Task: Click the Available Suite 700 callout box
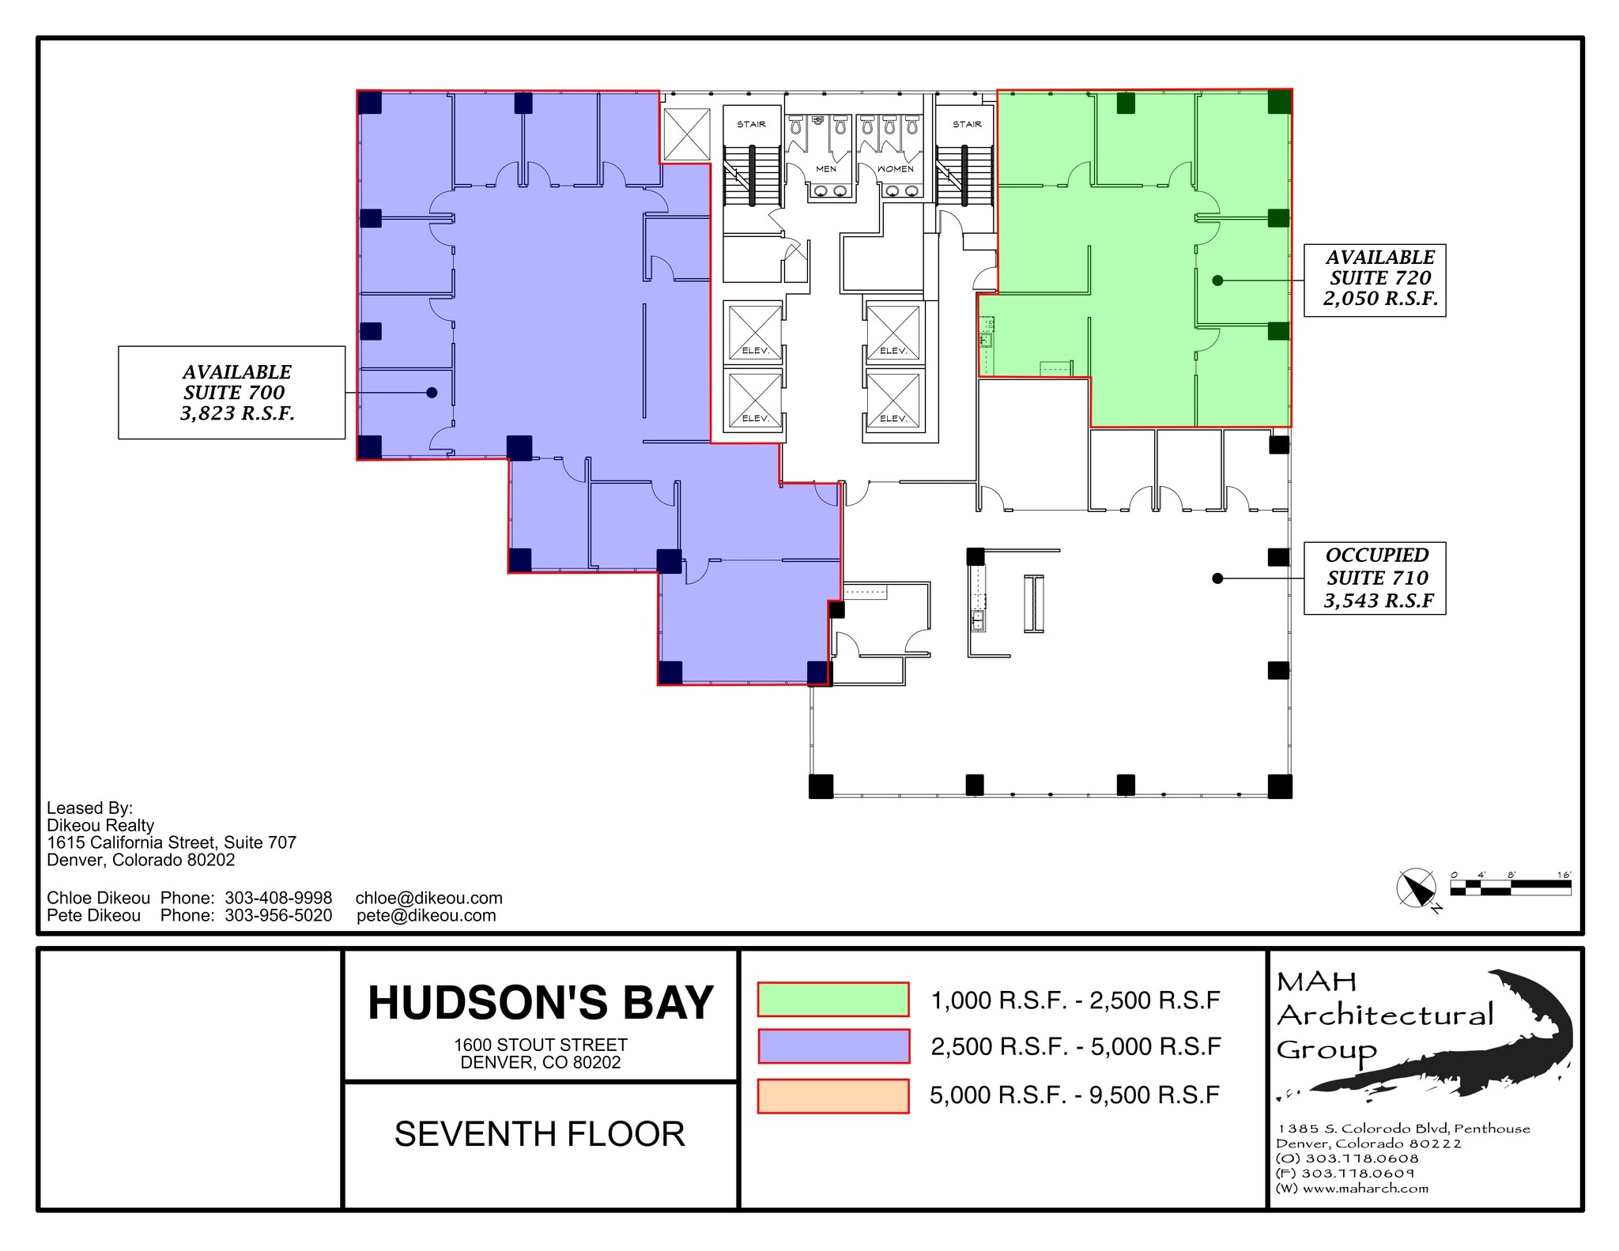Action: click(232, 393)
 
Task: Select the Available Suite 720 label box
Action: click(1374, 280)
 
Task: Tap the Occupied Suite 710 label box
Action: click(1374, 578)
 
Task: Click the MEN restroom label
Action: click(826, 169)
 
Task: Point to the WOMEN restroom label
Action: click(895, 169)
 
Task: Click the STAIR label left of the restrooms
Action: click(751, 125)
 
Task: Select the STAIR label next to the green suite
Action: click(967, 125)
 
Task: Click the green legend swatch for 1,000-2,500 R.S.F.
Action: click(833, 999)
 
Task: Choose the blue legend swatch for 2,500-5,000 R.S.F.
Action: click(833, 1046)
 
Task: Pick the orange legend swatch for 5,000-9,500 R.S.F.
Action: click(833, 1095)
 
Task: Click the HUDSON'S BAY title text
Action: click(541, 1003)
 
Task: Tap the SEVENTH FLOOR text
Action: click(540, 1134)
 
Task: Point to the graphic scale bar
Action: click(1511, 887)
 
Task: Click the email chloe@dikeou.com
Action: click(428, 898)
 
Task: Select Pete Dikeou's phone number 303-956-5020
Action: click(278, 915)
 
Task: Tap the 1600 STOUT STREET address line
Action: click(541, 1045)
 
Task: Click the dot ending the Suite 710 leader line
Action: click(1217, 578)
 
